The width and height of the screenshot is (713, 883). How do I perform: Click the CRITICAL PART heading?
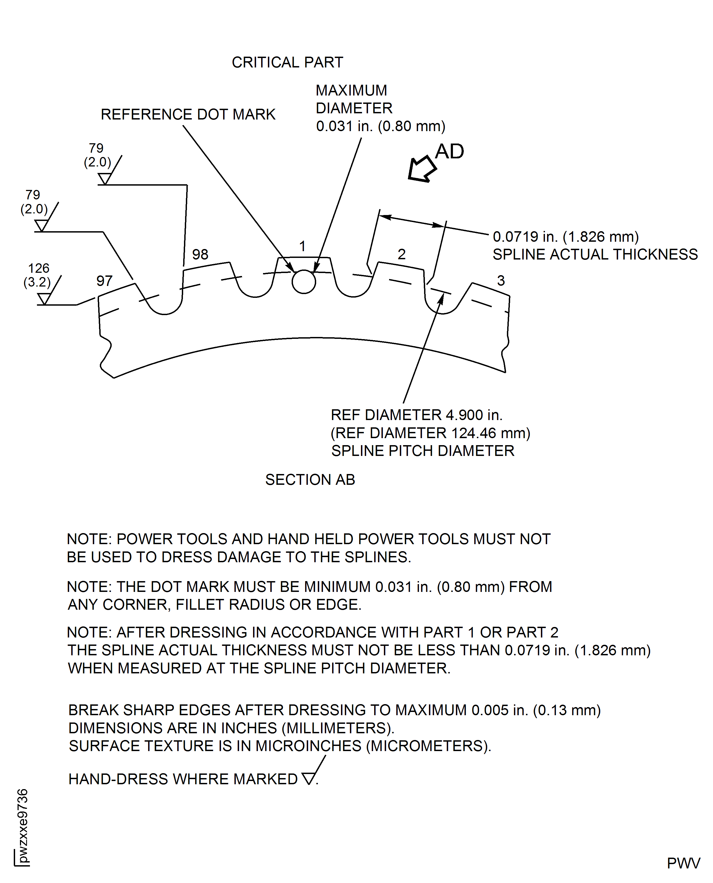tap(287, 62)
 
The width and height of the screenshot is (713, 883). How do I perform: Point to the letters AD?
tap(449, 152)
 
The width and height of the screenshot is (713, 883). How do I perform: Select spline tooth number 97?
tap(104, 281)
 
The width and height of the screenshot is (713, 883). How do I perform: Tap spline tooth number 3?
tap(501, 281)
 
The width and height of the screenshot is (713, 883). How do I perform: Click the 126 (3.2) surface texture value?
tap(38, 275)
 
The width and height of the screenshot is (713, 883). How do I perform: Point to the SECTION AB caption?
tap(310, 480)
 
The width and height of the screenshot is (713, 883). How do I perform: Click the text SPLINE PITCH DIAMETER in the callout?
tap(423, 451)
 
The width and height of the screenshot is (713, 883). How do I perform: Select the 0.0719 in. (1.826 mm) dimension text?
tap(565, 237)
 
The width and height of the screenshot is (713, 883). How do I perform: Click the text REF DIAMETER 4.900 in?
tap(417, 415)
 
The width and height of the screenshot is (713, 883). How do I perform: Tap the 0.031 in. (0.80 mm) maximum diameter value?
tap(380, 126)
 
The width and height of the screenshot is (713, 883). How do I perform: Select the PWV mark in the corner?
tap(683, 863)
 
